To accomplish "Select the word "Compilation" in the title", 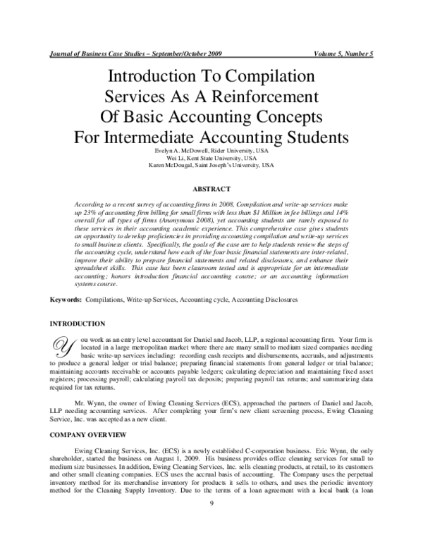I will point(262,76).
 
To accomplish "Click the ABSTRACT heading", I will point(211,189).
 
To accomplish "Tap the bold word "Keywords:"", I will point(65,300).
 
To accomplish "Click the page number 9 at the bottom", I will point(211,522).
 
